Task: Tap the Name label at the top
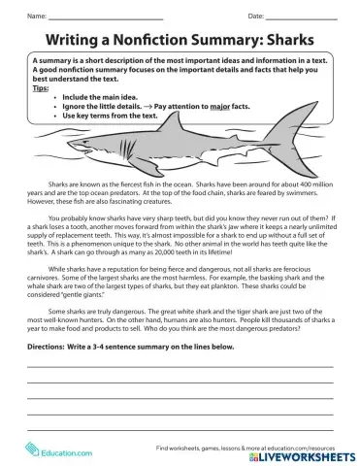point(37,17)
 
